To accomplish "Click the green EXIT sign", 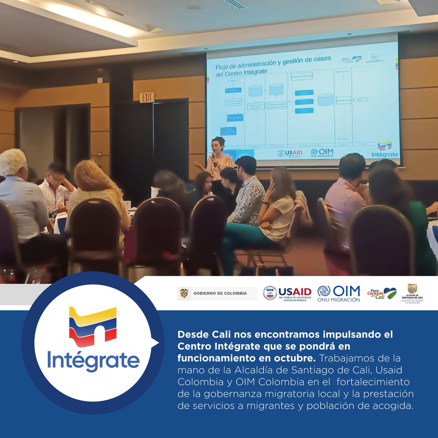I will (147, 97).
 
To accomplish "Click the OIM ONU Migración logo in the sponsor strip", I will (338, 293).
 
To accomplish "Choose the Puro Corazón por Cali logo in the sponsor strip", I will (382, 293).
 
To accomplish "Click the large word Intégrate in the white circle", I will (93, 360).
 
